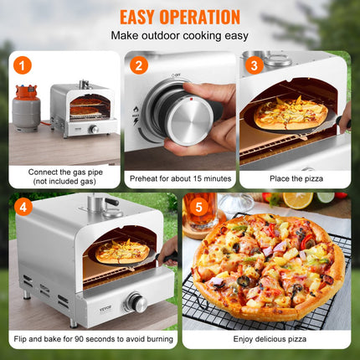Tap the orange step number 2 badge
pos(139,65)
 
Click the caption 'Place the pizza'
pos(295,177)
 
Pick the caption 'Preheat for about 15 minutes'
pos(179,177)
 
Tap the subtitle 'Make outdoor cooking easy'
pos(179,37)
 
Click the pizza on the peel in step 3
pos(290,110)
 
